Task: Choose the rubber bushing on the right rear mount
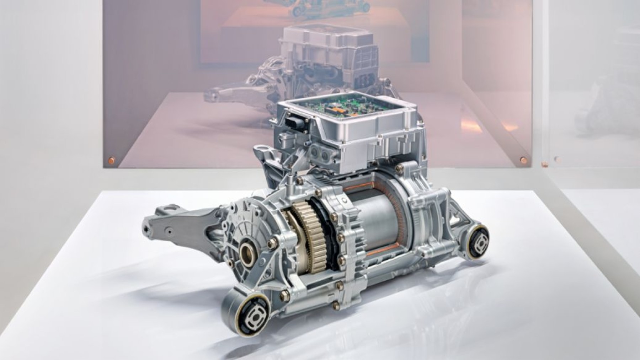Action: (x=479, y=243)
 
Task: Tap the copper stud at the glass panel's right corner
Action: (x=523, y=159)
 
